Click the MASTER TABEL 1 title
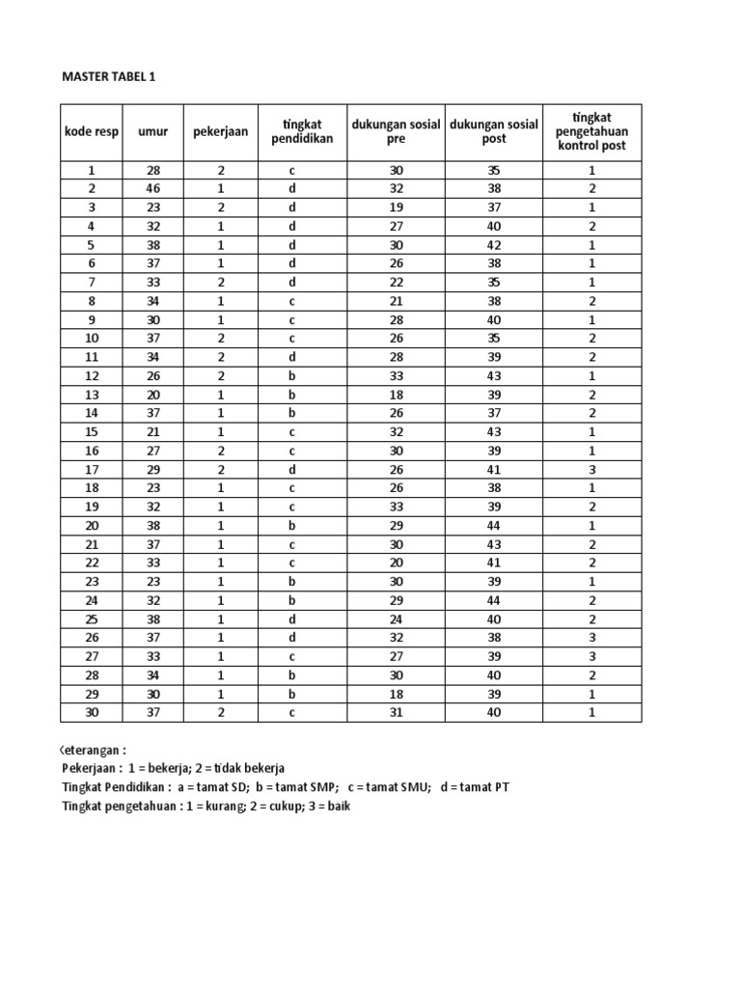107,77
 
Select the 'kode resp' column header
92,131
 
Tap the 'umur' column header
153,131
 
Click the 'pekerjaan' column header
221,131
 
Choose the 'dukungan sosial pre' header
396,131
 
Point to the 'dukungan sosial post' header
493,131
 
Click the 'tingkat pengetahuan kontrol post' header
591,131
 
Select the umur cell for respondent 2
153,189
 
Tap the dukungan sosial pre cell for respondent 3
396,207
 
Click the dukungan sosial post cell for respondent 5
493,245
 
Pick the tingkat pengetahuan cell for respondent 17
591,469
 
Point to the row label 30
92,712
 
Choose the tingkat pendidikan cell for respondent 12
292,375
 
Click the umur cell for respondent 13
153,395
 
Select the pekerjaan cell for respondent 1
221,170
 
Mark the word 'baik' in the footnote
334,806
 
